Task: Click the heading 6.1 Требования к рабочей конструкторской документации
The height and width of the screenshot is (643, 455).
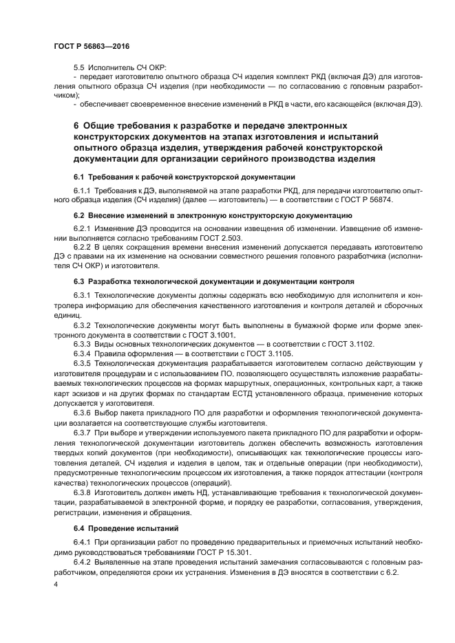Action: tap(174, 176)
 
